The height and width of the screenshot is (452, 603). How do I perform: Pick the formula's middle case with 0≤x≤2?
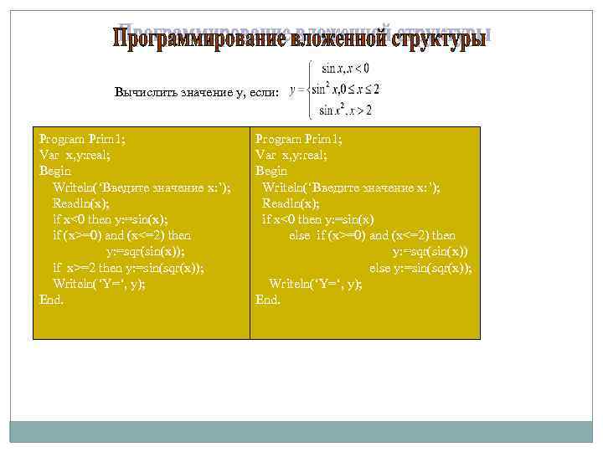(347, 89)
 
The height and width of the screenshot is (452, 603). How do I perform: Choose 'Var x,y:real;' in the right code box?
(291, 155)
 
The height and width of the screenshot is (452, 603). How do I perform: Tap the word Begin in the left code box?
(56, 171)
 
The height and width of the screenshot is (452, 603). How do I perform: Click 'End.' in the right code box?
(268, 300)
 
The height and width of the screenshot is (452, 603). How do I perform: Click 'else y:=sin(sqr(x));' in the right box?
(420, 268)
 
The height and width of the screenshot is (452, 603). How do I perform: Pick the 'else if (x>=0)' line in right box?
(372, 235)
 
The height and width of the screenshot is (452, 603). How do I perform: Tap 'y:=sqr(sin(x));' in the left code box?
(145, 251)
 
